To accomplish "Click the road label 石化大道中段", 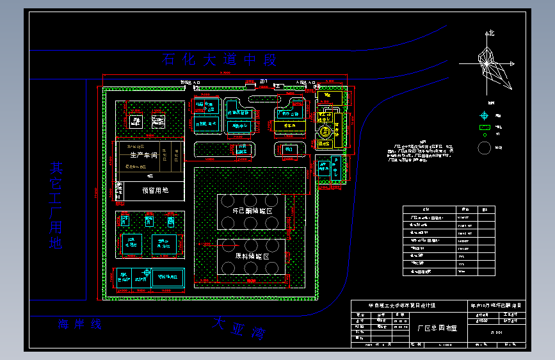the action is coord(220,60).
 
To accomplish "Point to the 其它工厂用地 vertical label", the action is coord(57,204).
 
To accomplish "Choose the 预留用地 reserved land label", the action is coord(155,190).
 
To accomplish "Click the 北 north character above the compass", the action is coord(490,32).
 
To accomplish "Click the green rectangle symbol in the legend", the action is coord(485,127).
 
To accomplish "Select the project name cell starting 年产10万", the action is coord(496,306).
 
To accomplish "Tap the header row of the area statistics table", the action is coord(448,209).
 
